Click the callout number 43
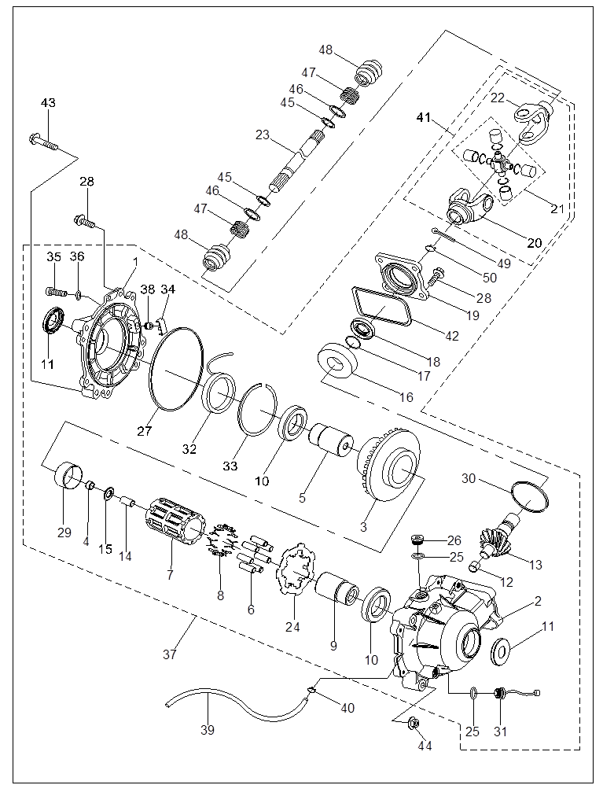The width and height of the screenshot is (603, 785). coord(49,103)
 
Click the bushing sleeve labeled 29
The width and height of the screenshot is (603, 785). coord(68,476)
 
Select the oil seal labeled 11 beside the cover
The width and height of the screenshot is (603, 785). coord(53,322)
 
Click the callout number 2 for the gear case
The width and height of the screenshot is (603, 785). coord(537,602)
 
